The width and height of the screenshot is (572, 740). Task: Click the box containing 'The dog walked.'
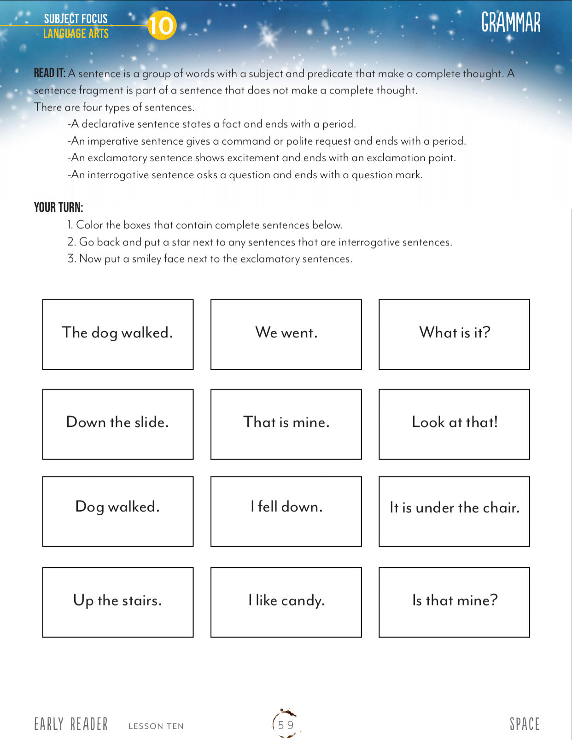tap(118, 334)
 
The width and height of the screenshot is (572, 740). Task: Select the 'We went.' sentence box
tap(286, 334)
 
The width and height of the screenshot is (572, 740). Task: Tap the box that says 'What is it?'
tap(454, 334)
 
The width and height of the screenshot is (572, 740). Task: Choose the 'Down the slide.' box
tap(118, 424)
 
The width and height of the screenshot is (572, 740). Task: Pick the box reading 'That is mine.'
tap(286, 424)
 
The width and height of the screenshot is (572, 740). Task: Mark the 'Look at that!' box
tap(454, 424)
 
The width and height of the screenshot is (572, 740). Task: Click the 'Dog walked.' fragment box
tap(118, 511)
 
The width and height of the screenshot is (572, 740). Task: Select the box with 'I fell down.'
tap(286, 511)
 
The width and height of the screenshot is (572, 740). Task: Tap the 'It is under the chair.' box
tap(454, 511)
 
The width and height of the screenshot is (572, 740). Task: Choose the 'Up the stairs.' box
tap(118, 602)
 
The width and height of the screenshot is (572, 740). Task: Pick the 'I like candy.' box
tap(286, 602)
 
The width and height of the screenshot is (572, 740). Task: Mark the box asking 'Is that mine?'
tap(454, 602)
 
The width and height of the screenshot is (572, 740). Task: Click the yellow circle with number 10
tap(161, 25)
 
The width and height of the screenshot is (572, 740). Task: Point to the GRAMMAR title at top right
tap(511, 22)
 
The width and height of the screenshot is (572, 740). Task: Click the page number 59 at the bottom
tap(286, 725)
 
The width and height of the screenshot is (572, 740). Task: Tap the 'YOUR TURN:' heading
tap(58, 208)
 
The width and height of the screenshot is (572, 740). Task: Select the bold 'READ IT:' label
tap(50, 73)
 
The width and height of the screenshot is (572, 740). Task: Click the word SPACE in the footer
tap(524, 724)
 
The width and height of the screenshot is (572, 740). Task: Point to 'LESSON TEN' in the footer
tap(156, 726)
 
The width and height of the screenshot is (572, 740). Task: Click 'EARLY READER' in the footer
tap(71, 724)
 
